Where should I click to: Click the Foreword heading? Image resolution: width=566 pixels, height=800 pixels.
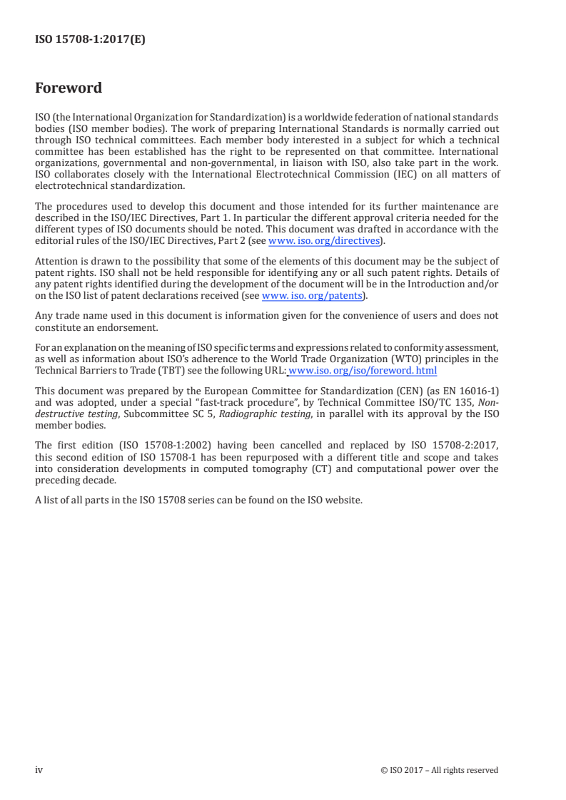click(69, 88)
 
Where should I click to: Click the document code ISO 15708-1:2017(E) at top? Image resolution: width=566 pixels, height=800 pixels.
click(90, 40)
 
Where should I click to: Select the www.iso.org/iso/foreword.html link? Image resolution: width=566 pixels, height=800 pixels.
click(363, 371)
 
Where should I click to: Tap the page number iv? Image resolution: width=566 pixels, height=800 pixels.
click(39, 769)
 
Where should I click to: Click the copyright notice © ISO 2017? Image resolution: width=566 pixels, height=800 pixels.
click(440, 770)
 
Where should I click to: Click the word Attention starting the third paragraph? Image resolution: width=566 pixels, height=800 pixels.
click(56, 262)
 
